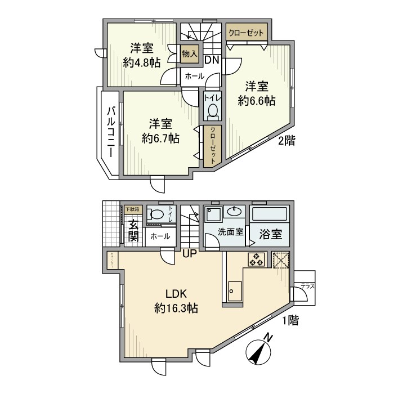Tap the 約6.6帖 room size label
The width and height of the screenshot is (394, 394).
(256, 101)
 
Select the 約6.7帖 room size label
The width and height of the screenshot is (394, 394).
(161, 137)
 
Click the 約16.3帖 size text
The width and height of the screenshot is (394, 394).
(176, 308)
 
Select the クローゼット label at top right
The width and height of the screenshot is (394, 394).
(246, 33)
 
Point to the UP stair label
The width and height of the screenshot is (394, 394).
(189, 254)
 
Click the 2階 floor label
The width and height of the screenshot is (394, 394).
(286, 141)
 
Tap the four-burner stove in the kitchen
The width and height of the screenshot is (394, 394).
(257, 260)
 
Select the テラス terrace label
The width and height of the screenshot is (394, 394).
(307, 286)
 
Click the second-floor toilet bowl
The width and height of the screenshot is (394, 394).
(212, 112)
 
